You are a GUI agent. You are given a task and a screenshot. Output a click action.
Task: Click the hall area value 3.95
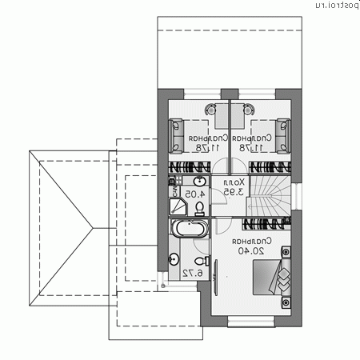[x=233, y=192]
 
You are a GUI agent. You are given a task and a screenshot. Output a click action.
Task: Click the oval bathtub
[x=189, y=230]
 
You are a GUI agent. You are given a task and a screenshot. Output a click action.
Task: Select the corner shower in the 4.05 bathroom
[x=178, y=207]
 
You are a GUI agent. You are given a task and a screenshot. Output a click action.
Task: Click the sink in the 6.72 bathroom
[x=174, y=258]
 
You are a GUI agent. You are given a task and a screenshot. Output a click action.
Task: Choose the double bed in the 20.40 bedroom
[x=277, y=280]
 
